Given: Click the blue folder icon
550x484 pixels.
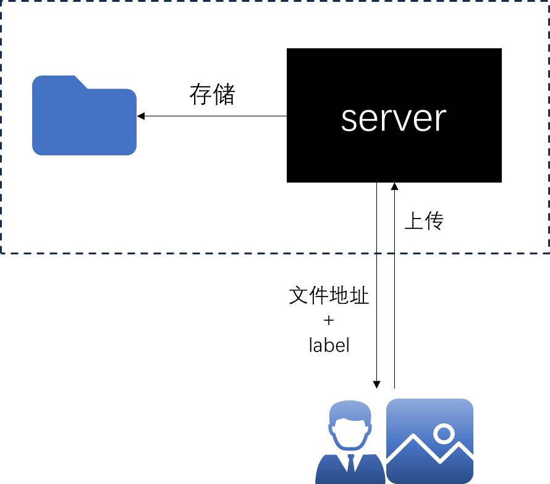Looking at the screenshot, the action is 84,118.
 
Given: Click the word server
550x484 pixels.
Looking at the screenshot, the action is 393,119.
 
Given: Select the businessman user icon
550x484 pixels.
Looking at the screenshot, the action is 350,442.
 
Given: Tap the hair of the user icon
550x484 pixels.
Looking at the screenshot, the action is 350,410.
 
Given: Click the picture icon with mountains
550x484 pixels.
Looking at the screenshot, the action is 429,441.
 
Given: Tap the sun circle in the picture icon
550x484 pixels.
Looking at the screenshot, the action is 444,433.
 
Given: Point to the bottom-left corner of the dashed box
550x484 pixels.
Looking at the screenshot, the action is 1,253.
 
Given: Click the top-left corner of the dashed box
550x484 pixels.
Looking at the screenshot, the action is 1,1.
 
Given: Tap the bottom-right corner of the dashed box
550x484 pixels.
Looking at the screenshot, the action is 548,253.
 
